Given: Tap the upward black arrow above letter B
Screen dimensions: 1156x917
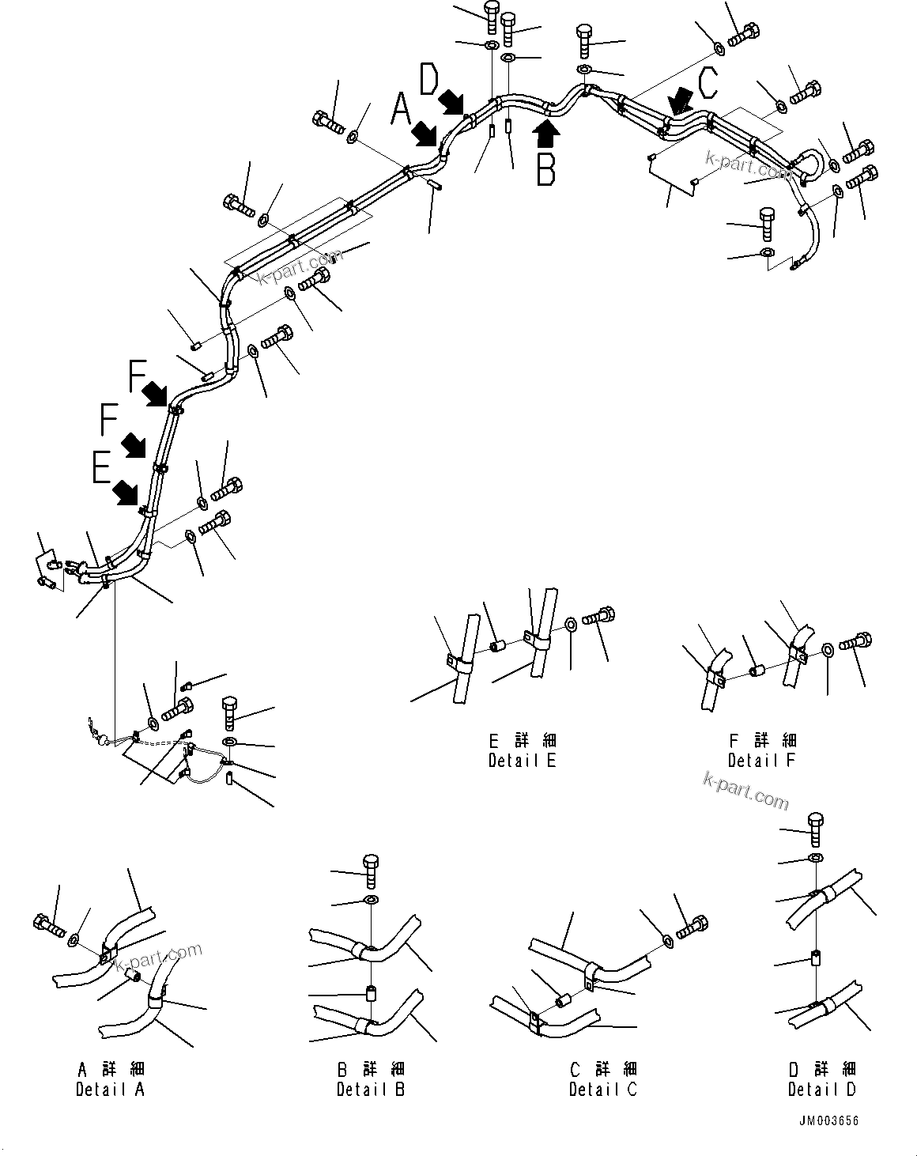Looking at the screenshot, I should tap(547, 132).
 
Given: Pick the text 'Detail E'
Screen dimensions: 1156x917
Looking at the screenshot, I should tap(522, 761).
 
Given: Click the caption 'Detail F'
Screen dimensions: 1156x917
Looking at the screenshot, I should tap(761, 761).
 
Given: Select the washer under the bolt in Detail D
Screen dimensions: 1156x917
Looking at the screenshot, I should tap(815, 859).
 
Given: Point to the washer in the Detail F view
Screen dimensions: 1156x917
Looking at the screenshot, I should tap(826, 650).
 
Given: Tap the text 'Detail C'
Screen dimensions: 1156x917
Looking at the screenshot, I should tap(602, 1090).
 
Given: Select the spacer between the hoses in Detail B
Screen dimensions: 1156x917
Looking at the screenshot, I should tap(370, 993).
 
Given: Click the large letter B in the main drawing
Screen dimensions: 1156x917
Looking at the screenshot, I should tap(545, 170).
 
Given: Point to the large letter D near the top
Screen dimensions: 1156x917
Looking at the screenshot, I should tap(429, 80).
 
